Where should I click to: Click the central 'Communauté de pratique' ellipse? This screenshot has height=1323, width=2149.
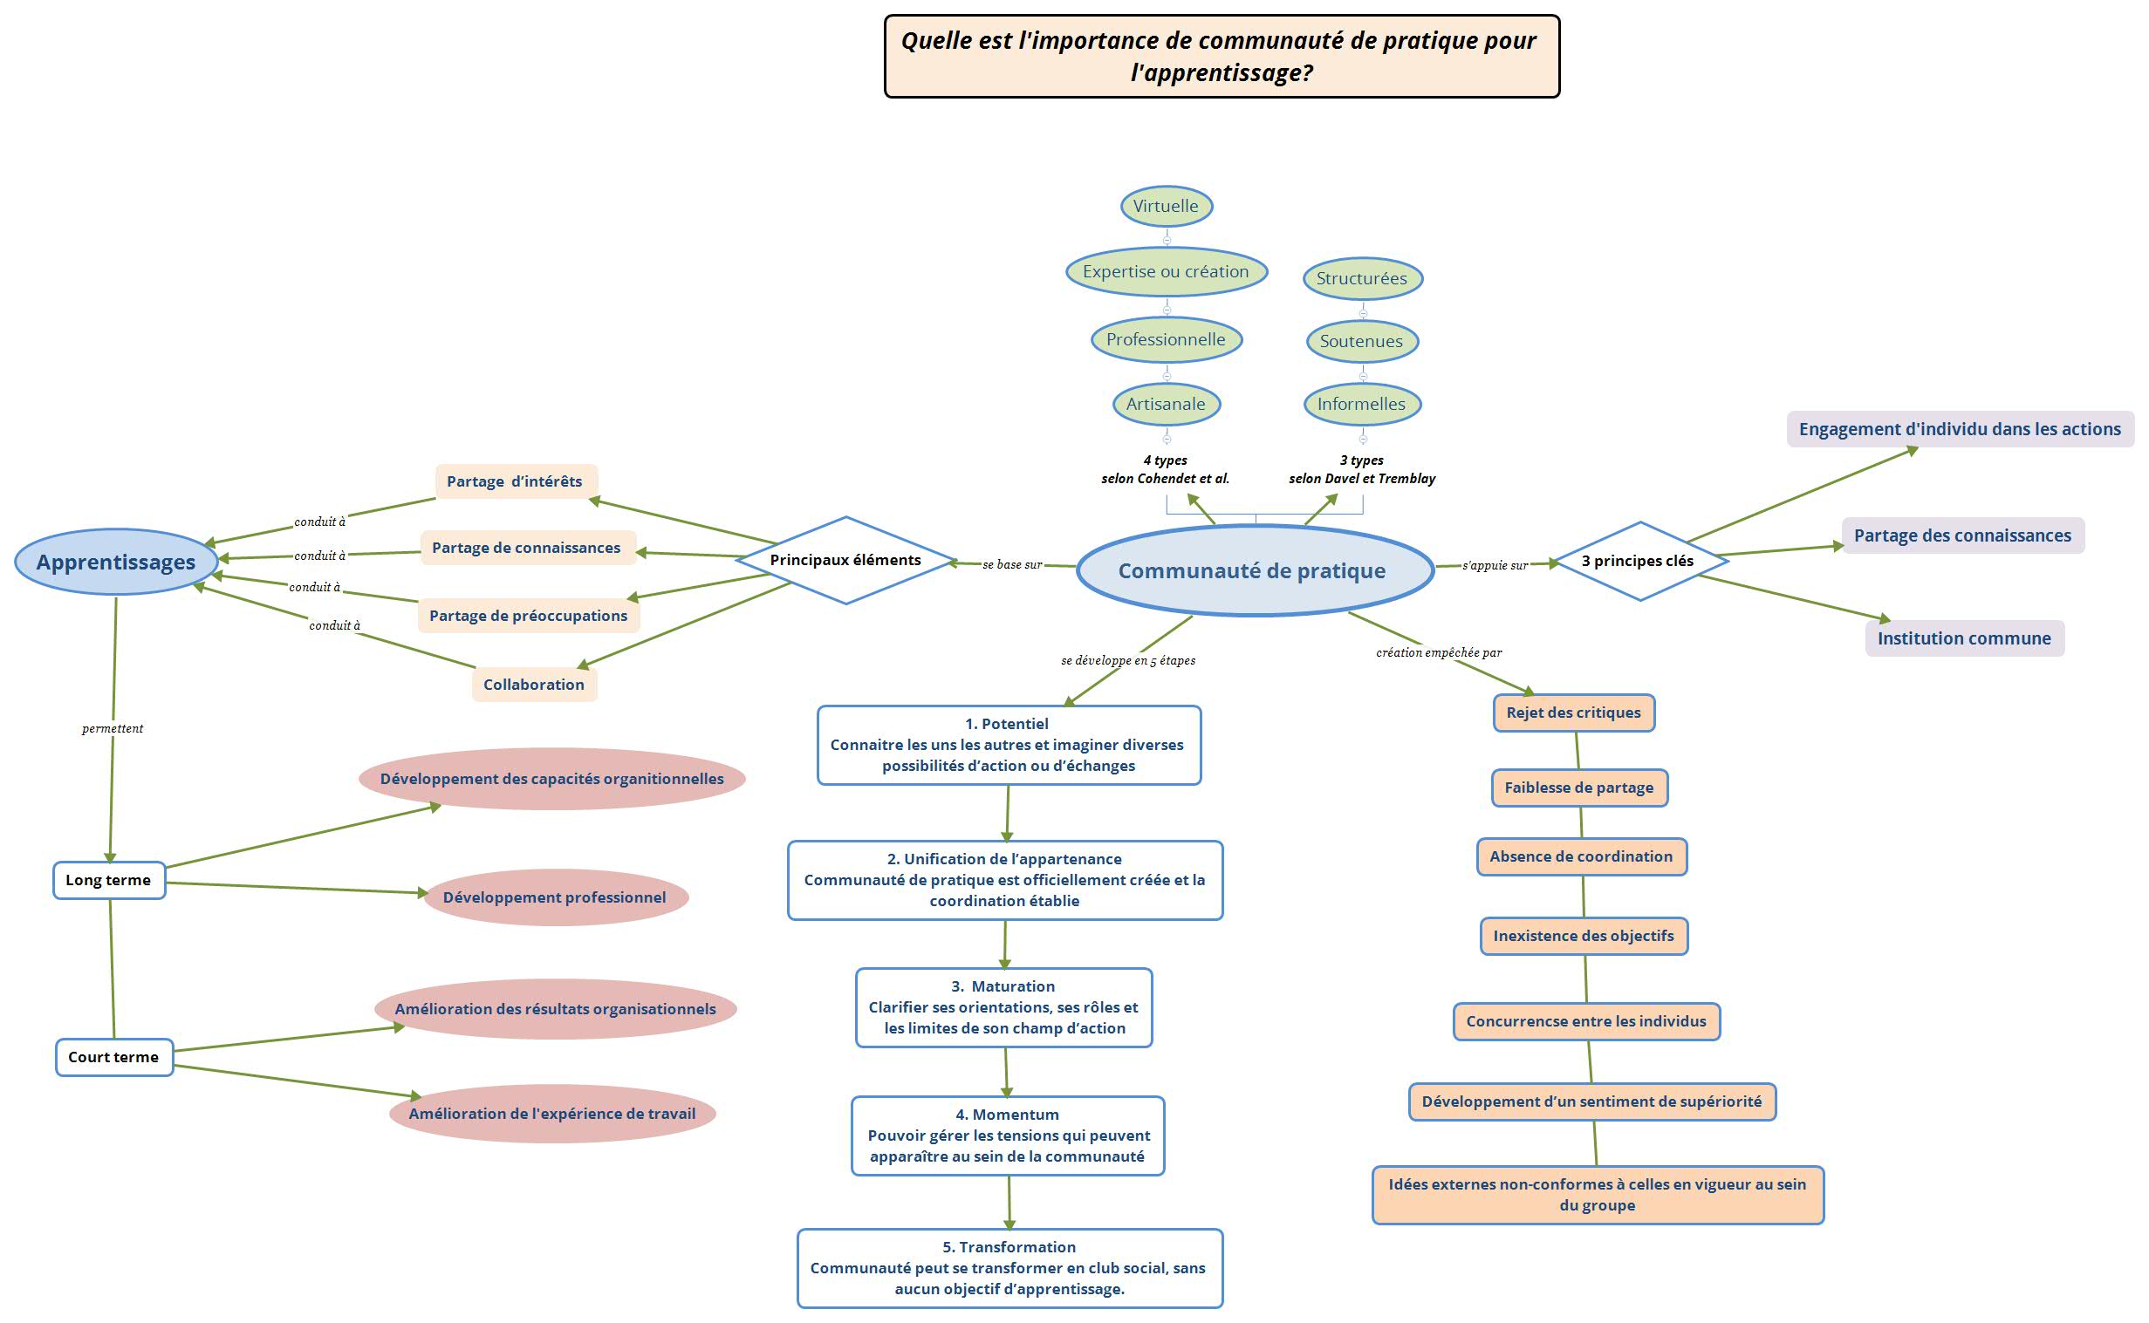[1254, 570]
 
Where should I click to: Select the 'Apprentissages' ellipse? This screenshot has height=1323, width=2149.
[115, 562]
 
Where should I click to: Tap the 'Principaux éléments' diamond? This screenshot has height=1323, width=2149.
[845, 560]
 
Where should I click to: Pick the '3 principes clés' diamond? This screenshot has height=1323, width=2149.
[1638, 561]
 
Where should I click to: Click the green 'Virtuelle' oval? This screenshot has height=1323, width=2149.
[1166, 207]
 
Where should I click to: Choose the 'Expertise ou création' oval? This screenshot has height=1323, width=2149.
[1166, 272]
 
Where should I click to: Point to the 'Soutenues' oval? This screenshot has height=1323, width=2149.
[1361, 341]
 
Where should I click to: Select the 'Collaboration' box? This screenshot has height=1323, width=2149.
[534, 685]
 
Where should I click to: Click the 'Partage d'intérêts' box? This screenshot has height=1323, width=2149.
[515, 481]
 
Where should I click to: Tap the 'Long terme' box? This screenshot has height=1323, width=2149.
[108, 880]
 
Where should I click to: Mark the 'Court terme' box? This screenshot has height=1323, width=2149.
[113, 1057]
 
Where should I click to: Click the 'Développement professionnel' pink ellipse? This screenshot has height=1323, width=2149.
[555, 897]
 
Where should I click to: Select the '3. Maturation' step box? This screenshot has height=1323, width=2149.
[1004, 1007]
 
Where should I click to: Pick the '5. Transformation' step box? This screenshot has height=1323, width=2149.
[1009, 1268]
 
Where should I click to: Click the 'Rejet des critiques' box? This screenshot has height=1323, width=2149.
[1574, 713]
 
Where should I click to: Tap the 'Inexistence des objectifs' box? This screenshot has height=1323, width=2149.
[1584, 937]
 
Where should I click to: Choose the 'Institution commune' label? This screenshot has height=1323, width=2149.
[1964, 638]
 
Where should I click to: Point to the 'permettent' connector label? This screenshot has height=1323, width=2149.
[112, 729]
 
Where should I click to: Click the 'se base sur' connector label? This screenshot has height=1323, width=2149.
[1012, 565]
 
